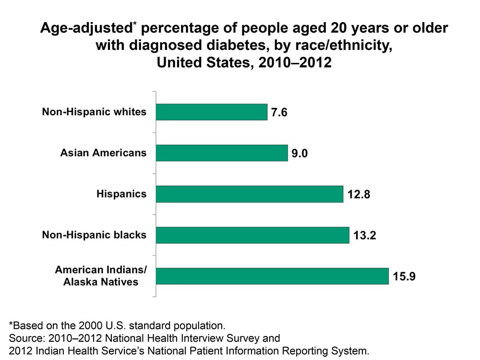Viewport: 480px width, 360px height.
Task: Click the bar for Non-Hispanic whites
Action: tap(212, 112)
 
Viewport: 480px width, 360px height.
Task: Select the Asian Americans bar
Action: tap(222, 153)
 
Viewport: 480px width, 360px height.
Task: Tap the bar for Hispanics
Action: tap(250, 194)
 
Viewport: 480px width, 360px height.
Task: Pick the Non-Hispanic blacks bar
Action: tap(252, 235)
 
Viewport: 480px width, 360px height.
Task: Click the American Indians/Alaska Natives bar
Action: tap(272, 276)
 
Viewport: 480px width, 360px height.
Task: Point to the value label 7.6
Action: tap(279, 113)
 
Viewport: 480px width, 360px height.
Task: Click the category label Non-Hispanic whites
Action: tap(94, 112)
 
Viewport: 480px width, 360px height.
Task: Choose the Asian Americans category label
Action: tap(103, 153)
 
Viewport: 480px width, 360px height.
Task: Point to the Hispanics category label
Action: tap(121, 194)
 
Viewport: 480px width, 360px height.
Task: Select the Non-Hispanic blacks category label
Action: tap(94, 235)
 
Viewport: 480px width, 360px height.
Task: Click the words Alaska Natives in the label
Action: tap(101, 282)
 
